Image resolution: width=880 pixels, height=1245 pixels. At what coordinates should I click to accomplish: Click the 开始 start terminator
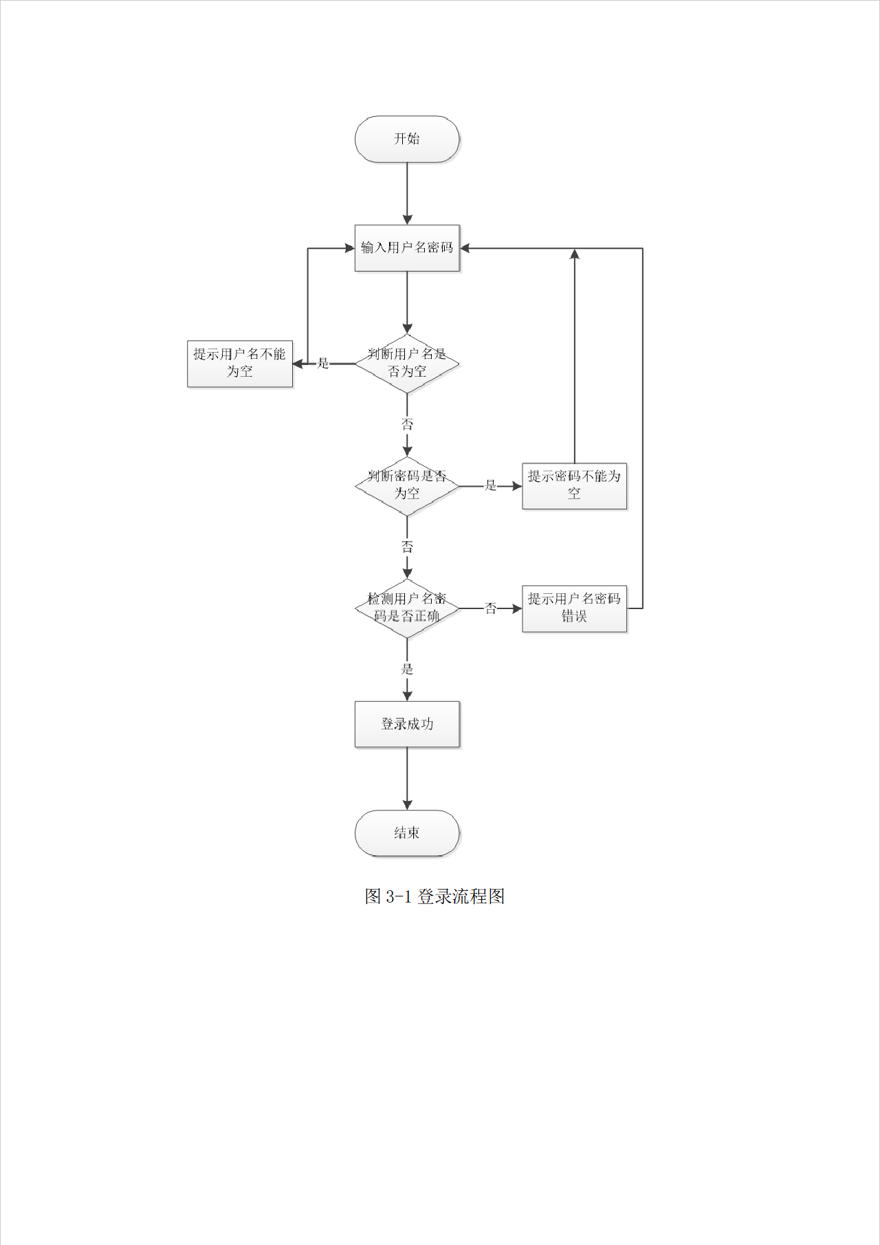coord(407,139)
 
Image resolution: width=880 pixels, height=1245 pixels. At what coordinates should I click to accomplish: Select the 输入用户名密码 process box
coord(407,247)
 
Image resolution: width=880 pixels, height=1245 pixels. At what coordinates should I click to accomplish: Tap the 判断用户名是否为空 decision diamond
coord(407,363)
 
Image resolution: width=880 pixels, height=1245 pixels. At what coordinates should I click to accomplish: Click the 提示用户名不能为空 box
coord(240,363)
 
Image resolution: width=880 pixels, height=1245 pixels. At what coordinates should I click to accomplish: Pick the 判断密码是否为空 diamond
coord(407,485)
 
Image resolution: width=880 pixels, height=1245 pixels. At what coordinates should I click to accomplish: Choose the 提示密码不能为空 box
coord(574,485)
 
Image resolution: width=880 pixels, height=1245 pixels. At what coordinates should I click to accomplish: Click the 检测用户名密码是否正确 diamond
coord(407,608)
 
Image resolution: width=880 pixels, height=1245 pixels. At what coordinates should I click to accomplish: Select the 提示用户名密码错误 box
coord(574,608)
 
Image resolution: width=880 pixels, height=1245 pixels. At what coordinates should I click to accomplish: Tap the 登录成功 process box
coord(407,724)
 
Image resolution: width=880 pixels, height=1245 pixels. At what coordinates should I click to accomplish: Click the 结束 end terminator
coord(407,833)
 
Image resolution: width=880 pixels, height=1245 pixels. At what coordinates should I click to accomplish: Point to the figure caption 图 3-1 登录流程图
coord(434,896)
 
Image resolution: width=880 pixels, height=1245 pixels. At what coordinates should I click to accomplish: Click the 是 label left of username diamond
coord(323,363)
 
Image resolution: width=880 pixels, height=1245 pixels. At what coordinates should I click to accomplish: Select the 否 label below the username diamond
coord(407,424)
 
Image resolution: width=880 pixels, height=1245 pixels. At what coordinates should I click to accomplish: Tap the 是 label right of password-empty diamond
coord(491,485)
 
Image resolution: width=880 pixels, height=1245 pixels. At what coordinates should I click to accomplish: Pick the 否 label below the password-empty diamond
coord(407,547)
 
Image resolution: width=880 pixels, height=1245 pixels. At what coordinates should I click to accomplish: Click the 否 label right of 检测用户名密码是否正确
coord(491,608)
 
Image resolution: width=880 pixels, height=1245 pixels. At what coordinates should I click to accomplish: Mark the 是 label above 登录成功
coord(407,669)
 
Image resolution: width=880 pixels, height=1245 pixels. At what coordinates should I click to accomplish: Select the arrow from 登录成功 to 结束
coord(407,778)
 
